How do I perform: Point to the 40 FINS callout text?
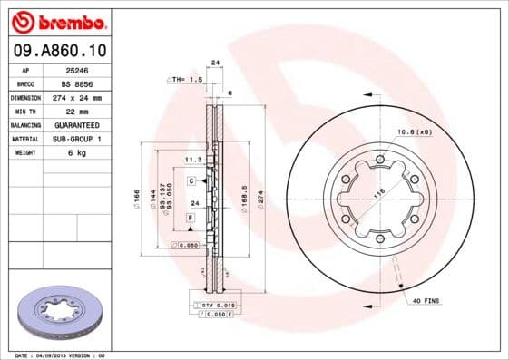tap(425, 300)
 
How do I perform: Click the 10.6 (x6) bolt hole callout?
tap(412, 132)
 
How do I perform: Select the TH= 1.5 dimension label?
tap(185, 80)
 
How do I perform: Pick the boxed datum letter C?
tap(192, 181)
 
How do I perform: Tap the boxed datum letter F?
tap(191, 219)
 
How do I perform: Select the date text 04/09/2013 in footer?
tap(64, 355)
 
